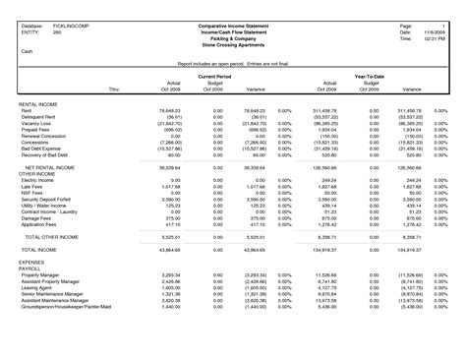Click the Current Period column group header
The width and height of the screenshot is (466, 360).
[213, 76]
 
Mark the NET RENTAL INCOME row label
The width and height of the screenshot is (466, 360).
[48, 168]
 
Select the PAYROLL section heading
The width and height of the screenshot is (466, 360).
[32, 270]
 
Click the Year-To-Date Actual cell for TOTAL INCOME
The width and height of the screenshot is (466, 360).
[326, 252]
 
